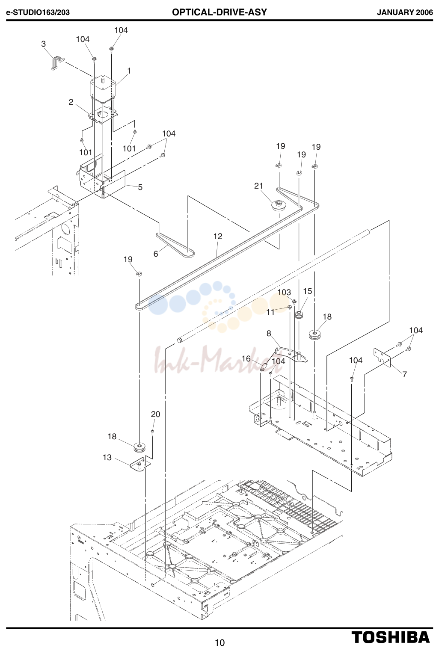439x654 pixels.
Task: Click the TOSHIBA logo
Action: [x=391, y=637]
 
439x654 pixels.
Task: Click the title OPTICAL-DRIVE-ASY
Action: [x=219, y=12]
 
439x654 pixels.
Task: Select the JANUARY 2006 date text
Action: [x=405, y=12]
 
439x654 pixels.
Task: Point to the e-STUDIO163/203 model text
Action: [x=38, y=12]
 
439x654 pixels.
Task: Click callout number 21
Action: [x=258, y=186]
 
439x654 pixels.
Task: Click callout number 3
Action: [x=43, y=44]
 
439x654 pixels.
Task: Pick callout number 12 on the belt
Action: [x=218, y=236]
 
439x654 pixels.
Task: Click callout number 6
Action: [x=156, y=254]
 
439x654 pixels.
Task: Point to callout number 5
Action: [x=140, y=187]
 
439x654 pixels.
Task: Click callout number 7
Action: [x=404, y=374]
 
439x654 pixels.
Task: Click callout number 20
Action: [x=155, y=414]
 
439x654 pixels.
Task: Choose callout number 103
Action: [x=284, y=292]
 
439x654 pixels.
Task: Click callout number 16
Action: [x=246, y=358]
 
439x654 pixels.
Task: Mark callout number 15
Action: [x=308, y=291]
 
